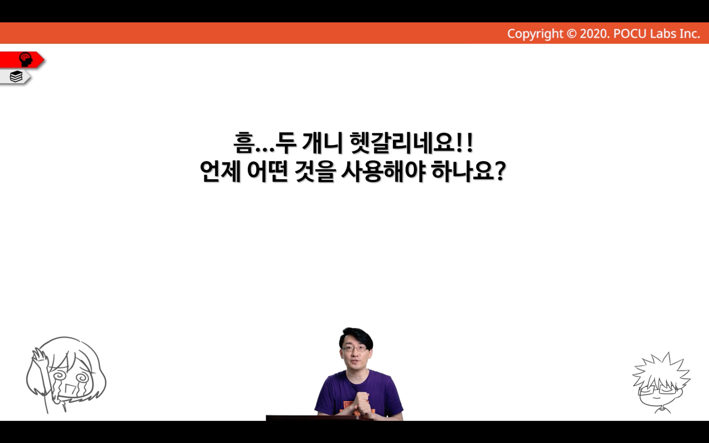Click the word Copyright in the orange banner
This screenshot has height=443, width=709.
click(535, 34)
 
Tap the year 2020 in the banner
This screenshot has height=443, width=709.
click(594, 34)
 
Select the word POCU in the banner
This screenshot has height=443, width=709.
click(630, 34)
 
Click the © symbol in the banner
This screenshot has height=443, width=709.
click(572, 34)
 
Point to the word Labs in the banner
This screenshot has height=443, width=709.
click(660, 34)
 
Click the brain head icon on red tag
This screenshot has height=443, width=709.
click(26, 60)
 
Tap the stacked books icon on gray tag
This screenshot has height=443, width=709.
click(16, 76)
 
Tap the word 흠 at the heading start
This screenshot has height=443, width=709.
click(244, 143)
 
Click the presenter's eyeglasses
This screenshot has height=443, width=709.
click(355, 348)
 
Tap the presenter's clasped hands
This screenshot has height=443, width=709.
click(362, 402)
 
